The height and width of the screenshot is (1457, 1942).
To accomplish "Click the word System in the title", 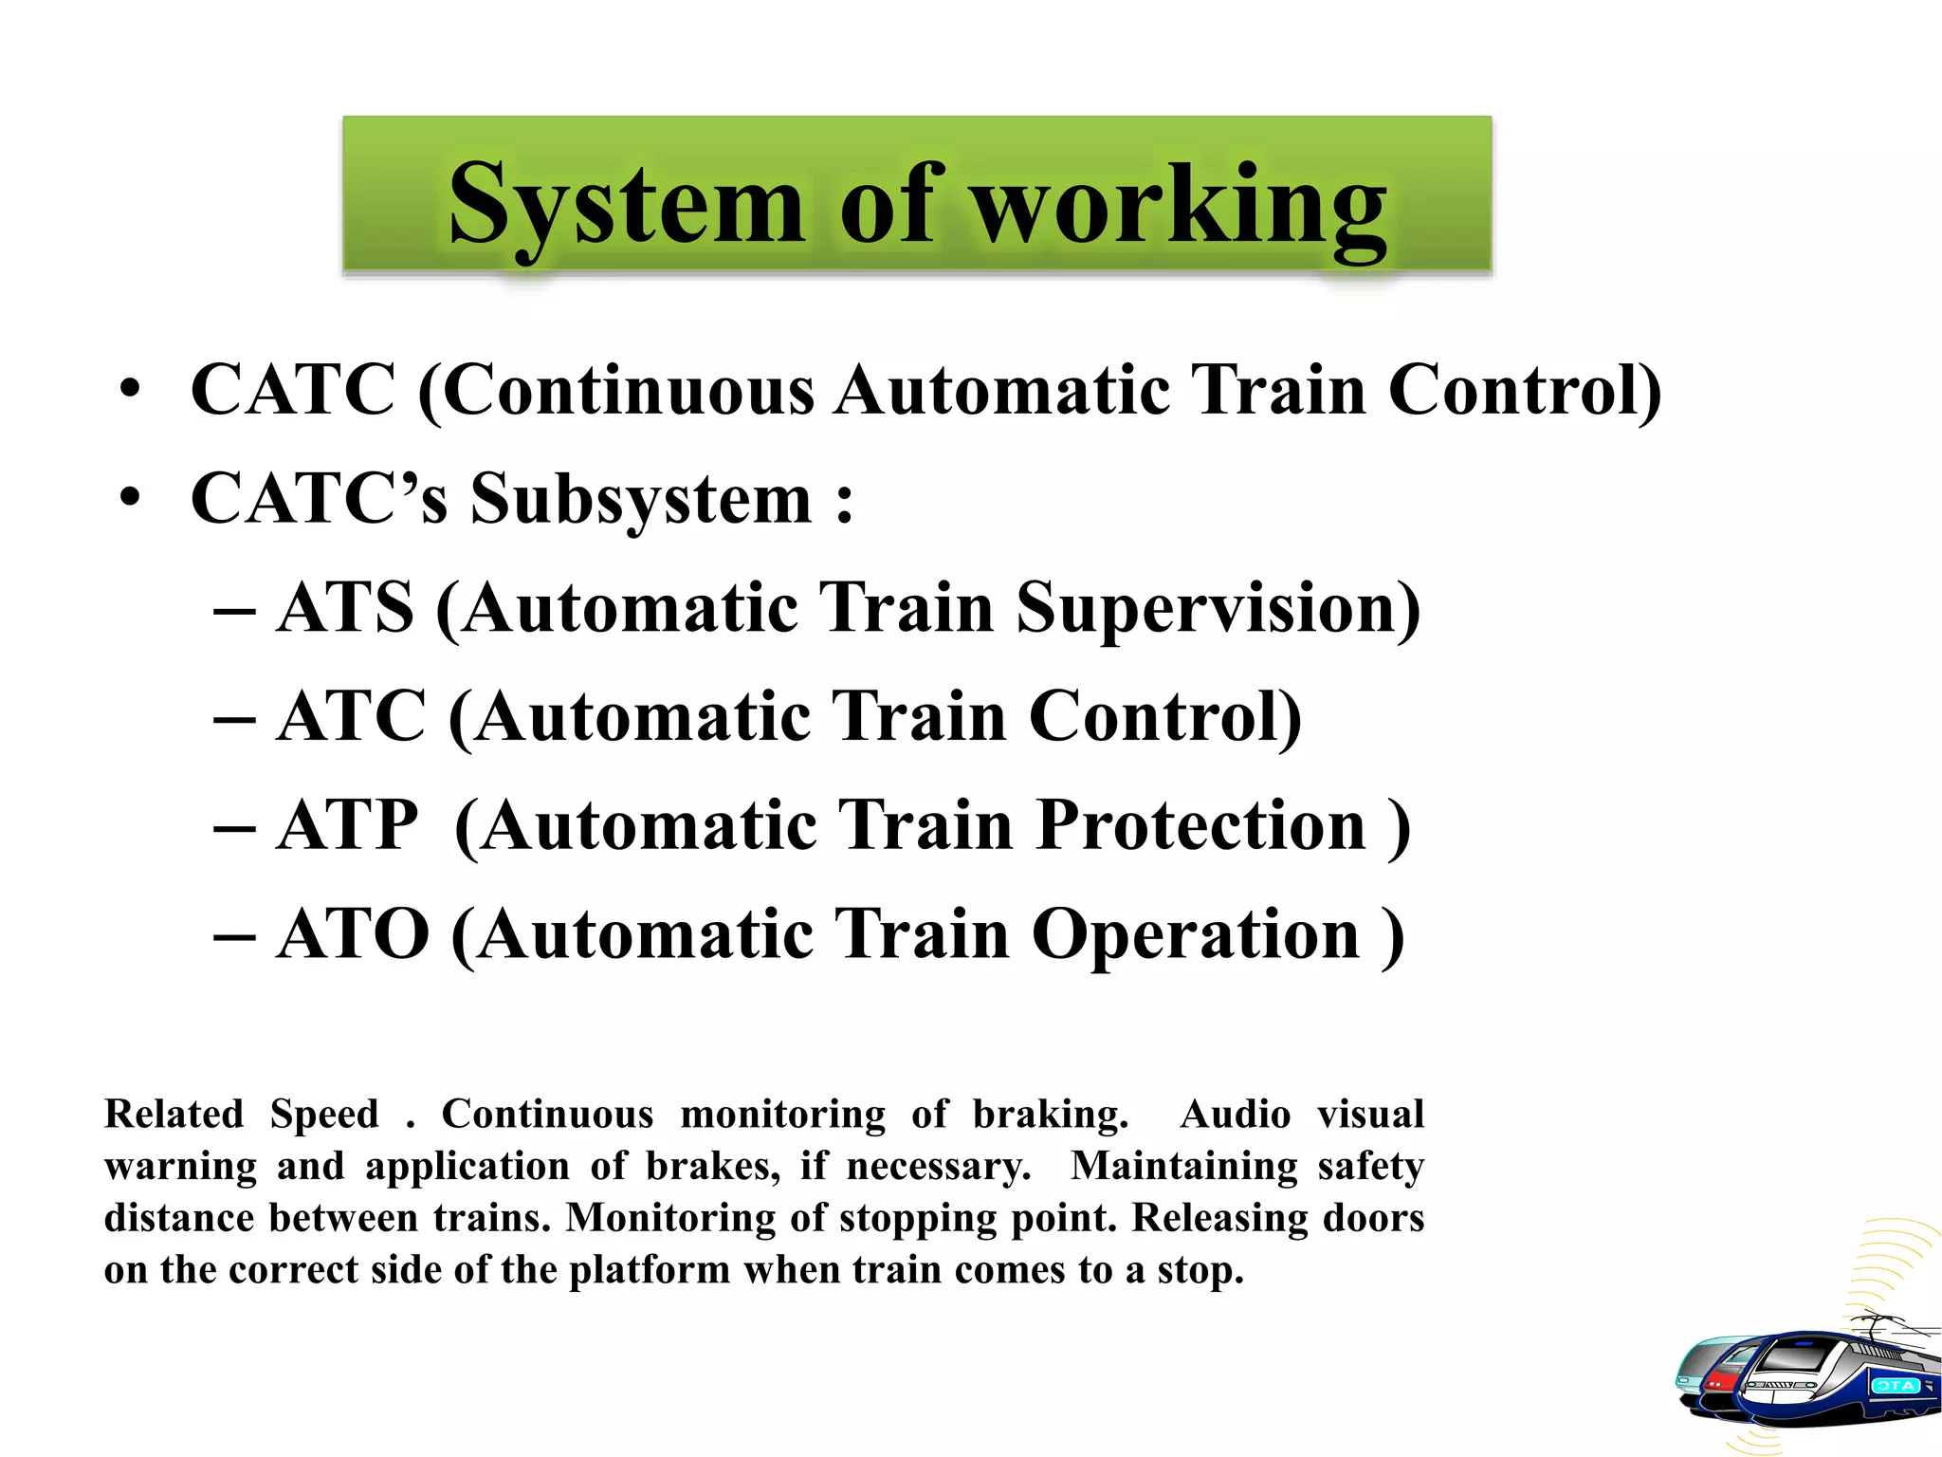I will tap(626, 205).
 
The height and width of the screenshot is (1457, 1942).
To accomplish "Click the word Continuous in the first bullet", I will tap(629, 390).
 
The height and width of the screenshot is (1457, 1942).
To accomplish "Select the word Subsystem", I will tap(641, 499).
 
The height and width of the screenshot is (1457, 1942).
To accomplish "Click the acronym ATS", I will tap(346, 608).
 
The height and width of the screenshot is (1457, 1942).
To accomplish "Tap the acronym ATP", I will tap(347, 825).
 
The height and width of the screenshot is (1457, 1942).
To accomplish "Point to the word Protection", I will tap(1200, 825).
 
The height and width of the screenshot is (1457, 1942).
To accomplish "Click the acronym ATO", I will tap(353, 934).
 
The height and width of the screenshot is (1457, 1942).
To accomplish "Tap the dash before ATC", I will tap(234, 718).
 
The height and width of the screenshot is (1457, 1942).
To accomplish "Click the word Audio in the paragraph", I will tap(1235, 1114).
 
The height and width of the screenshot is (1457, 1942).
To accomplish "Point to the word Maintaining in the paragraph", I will tap(1183, 1166).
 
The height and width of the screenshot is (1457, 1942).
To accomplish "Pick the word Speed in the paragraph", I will tap(324, 1114).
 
